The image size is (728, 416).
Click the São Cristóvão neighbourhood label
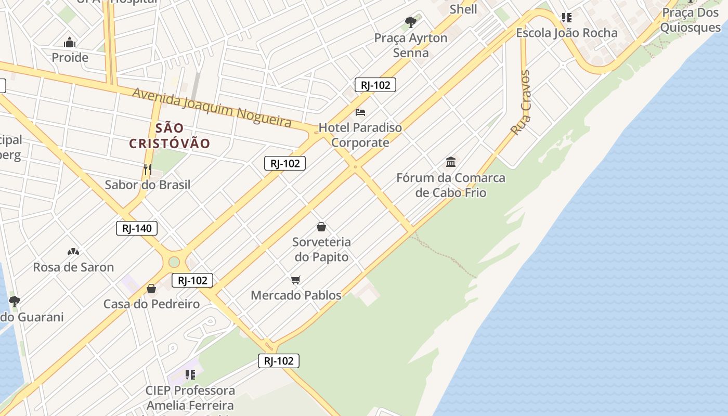(x=170, y=136)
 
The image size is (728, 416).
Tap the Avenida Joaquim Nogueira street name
(x=211, y=107)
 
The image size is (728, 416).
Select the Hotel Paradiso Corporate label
(x=360, y=135)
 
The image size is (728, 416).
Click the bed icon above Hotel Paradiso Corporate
(x=360, y=112)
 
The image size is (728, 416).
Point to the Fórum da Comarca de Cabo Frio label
(x=451, y=185)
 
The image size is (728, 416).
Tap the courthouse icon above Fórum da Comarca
(x=451, y=162)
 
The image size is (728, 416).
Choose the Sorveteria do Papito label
(x=321, y=249)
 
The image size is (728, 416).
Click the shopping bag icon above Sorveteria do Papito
(x=321, y=227)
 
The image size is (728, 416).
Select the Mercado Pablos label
(x=296, y=295)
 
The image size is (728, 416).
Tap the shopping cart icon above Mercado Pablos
(x=296, y=280)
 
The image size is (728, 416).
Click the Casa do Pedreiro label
(x=151, y=304)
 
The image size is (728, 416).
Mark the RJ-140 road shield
(x=136, y=228)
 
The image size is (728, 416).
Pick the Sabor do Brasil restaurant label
(x=148, y=185)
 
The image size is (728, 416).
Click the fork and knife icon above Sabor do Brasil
(x=148, y=169)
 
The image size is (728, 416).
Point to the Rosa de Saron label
(x=73, y=267)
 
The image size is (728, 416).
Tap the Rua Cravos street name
(x=521, y=103)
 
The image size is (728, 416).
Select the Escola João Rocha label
(x=566, y=33)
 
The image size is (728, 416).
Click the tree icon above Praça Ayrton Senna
(x=411, y=22)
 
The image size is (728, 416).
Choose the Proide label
(x=70, y=58)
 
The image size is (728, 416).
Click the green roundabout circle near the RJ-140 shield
(x=174, y=262)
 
